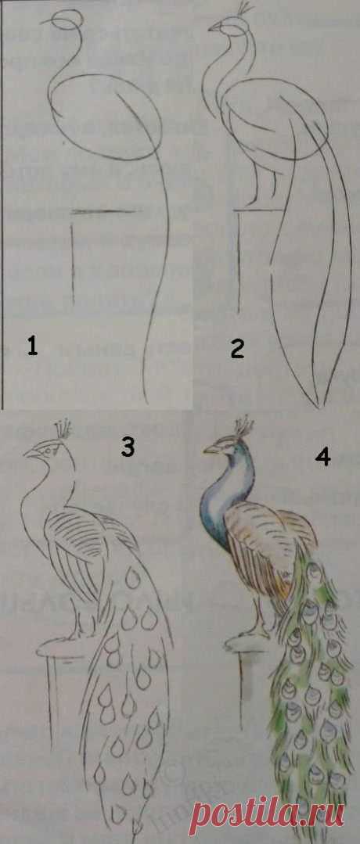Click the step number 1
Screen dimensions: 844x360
32,344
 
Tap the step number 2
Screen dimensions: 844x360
238,349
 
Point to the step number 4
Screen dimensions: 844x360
322,456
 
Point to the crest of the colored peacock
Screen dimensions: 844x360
243,426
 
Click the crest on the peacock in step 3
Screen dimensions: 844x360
63,429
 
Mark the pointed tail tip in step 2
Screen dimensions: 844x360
317,404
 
